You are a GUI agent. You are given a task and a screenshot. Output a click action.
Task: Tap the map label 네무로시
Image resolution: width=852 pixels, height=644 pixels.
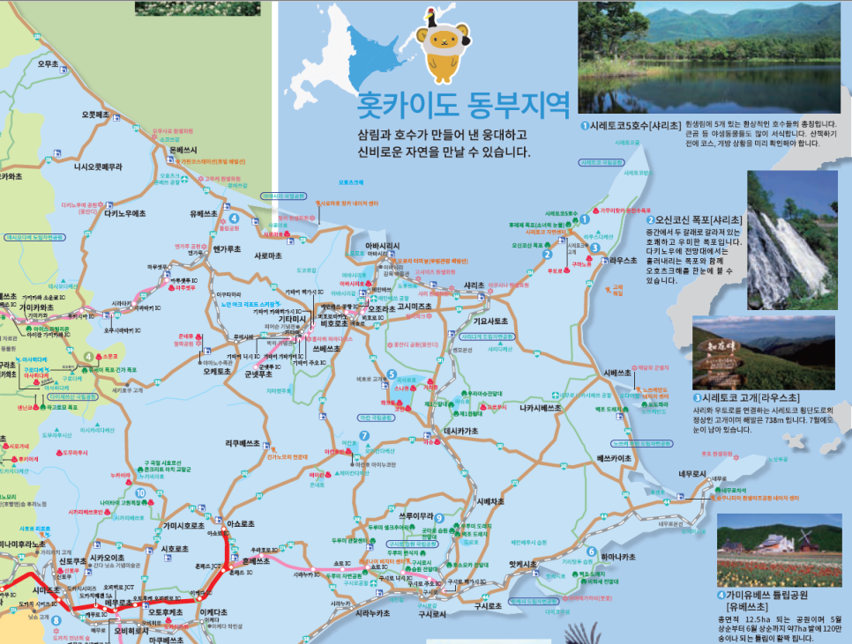[692, 473]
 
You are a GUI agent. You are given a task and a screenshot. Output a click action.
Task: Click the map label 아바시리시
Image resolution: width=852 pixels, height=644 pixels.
[383, 246]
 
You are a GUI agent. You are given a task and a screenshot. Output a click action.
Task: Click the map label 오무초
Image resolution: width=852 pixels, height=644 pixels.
[49, 63]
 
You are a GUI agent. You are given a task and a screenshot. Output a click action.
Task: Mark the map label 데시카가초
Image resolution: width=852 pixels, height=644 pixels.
[461, 431]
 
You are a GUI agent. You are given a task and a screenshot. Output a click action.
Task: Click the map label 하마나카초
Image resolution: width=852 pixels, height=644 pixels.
[617, 558]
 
